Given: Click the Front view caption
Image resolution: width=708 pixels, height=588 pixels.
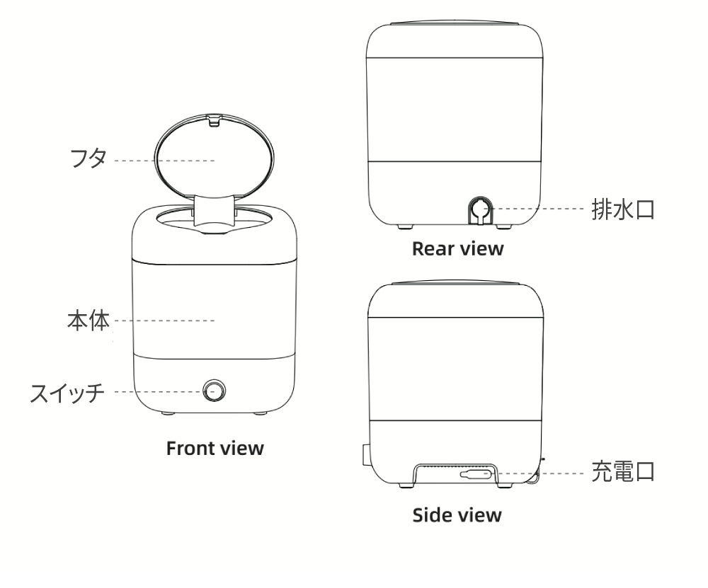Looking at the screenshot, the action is pyautogui.click(x=215, y=448).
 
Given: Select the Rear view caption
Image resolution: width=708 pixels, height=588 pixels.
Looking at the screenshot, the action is pyautogui.click(x=457, y=249).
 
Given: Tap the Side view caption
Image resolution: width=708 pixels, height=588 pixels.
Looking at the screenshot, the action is pyautogui.click(x=457, y=514).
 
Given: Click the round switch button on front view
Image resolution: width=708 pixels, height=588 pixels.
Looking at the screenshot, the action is pyautogui.click(x=213, y=390).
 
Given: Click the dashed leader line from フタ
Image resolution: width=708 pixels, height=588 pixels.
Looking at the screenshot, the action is pyautogui.click(x=164, y=161).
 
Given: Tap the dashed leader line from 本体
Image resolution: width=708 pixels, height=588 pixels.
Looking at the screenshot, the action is pyautogui.click(x=164, y=321).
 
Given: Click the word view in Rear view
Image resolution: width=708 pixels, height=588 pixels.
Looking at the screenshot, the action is pyautogui.click(x=482, y=249).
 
